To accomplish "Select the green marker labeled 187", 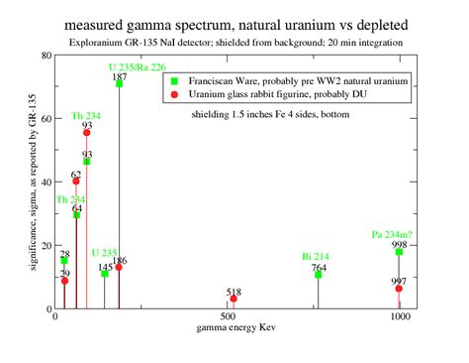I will tap(119, 83).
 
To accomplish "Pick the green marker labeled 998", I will tap(399, 252).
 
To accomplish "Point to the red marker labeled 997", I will tap(399, 289).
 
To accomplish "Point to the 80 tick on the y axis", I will tap(47, 56).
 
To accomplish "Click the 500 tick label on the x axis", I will tap(227, 318).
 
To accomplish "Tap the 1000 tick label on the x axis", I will tap(400, 318).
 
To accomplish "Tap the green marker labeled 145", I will tap(105, 273).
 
